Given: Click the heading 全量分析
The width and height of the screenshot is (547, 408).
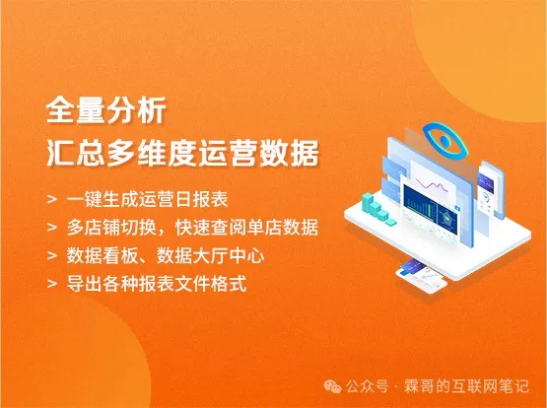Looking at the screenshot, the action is tap(106, 111).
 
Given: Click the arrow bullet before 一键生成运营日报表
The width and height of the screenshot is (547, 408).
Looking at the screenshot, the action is tap(52, 200).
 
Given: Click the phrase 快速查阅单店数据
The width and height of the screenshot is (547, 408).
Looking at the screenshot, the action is tap(246, 228).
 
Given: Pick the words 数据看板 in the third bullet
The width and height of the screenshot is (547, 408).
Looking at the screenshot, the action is tap(102, 255).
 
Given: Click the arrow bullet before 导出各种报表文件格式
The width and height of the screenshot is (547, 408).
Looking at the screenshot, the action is tap(52, 284).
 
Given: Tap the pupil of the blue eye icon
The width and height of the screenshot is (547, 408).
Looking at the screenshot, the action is tap(444, 141).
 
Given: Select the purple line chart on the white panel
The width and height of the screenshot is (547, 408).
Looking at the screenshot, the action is tap(432, 185).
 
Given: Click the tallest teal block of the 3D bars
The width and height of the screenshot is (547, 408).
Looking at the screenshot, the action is tap(367, 203).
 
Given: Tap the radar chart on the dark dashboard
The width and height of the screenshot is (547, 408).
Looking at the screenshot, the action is tap(446, 219).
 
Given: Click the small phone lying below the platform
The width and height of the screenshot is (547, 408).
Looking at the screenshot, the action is tap(422, 277).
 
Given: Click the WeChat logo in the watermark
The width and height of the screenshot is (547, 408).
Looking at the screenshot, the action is tap(332, 386).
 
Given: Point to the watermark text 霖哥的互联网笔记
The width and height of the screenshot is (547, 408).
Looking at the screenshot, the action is tap(466, 386).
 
